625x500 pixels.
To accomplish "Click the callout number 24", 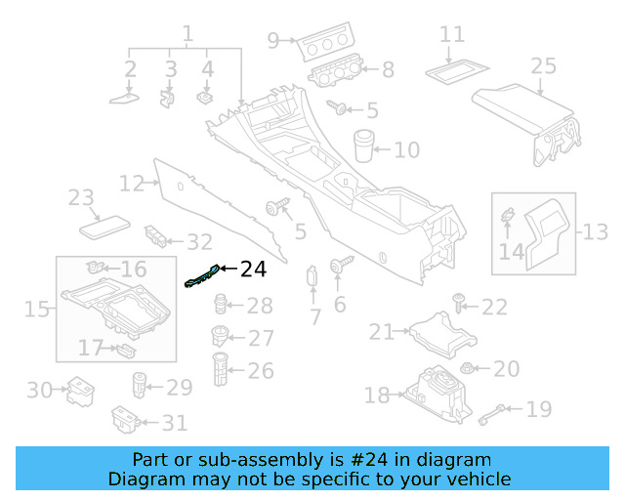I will click(253, 269).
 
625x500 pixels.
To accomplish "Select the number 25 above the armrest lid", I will click(543, 66).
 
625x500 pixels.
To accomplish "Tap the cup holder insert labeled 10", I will click(364, 144).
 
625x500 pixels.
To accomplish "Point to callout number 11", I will click(451, 34).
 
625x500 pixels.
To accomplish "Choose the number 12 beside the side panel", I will click(132, 183).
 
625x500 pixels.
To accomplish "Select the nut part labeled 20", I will click(467, 369).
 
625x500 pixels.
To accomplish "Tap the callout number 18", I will click(377, 396).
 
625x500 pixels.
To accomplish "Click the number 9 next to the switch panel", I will click(273, 40).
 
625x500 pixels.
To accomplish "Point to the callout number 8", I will click(388, 69).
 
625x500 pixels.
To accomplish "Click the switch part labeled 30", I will click(76, 393).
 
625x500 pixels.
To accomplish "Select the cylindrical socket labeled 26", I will click(220, 370).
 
